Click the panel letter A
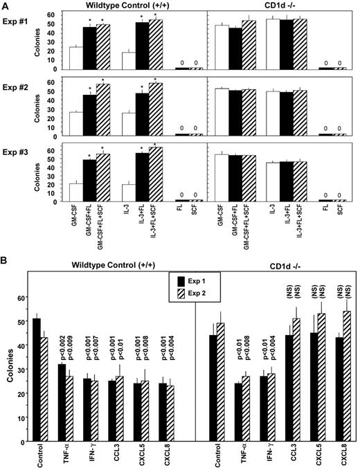(x=6, y=5)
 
